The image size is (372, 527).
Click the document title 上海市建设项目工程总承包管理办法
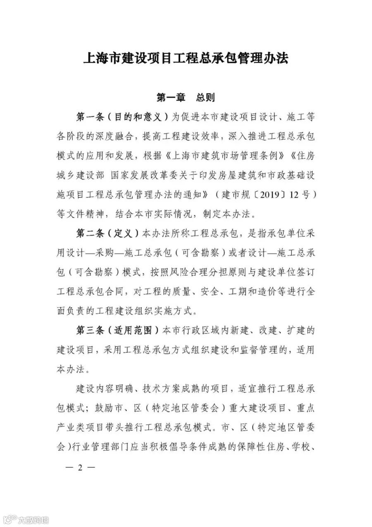pyautogui.click(x=186, y=58)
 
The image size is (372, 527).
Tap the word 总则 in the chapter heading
pyautogui.click(x=205, y=98)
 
